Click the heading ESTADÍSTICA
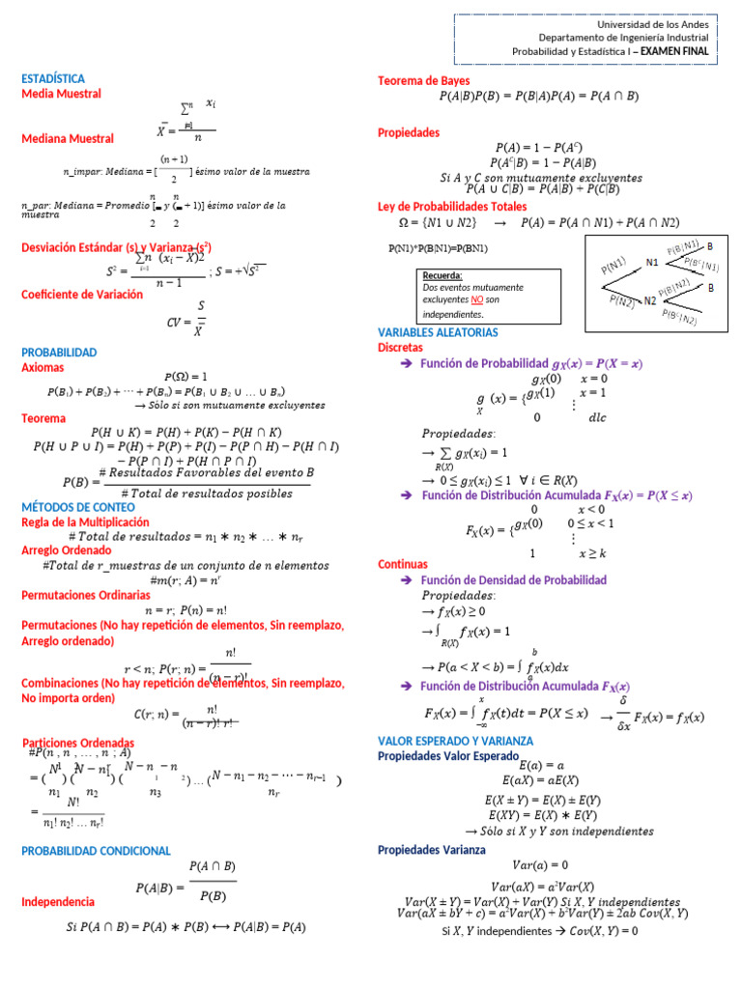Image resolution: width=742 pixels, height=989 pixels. [53, 78]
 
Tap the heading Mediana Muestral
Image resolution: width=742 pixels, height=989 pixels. [67, 139]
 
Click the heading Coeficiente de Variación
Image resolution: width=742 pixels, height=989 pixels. [81, 295]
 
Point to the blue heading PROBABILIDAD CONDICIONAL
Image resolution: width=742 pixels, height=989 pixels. [96, 851]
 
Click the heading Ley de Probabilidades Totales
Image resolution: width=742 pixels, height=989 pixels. [452, 207]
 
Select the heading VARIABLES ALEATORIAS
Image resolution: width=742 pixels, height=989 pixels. [438, 332]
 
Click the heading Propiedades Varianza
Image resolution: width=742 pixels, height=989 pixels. [431, 850]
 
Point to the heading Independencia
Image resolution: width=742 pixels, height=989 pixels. [58, 901]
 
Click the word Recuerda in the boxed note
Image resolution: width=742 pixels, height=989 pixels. [442, 275]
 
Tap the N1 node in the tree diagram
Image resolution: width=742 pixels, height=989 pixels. [652, 262]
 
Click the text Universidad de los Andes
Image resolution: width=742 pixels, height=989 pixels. [652, 24]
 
